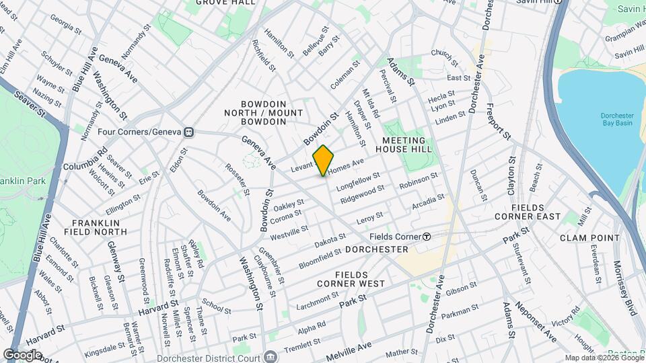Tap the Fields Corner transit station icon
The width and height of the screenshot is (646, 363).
[x=427, y=237]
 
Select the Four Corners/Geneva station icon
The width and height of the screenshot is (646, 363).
[x=190, y=132]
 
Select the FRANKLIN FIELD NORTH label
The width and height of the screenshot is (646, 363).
[x=100, y=227]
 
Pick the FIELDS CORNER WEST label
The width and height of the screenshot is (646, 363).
[x=361, y=279]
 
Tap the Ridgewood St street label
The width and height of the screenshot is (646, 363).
[x=362, y=196]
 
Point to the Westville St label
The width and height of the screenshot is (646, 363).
[x=289, y=233]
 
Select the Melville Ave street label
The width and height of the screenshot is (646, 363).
[x=349, y=350]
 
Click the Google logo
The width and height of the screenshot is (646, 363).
[x=22, y=354]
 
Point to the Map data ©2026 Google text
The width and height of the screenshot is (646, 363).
[x=603, y=358]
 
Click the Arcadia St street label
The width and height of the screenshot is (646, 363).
[x=428, y=201]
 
